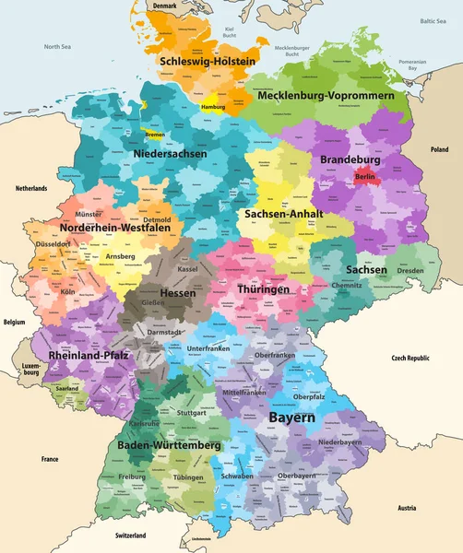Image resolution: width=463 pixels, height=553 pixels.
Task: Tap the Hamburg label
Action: tap(212, 108)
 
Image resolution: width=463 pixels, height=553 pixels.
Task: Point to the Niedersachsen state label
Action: tap(170, 154)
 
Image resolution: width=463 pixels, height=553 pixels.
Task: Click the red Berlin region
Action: tap(364, 176)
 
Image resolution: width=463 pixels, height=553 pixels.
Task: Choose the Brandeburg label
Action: tap(350, 159)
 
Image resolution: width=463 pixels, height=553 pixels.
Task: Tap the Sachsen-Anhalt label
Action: tap(282, 213)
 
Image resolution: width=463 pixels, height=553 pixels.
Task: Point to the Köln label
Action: tap(66, 291)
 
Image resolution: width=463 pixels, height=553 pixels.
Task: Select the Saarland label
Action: tap(66, 388)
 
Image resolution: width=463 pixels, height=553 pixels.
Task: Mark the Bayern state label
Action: tap(291, 418)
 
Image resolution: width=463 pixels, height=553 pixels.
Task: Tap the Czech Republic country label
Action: tap(411, 357)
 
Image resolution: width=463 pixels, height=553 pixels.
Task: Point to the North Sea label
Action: tap(57, 46)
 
